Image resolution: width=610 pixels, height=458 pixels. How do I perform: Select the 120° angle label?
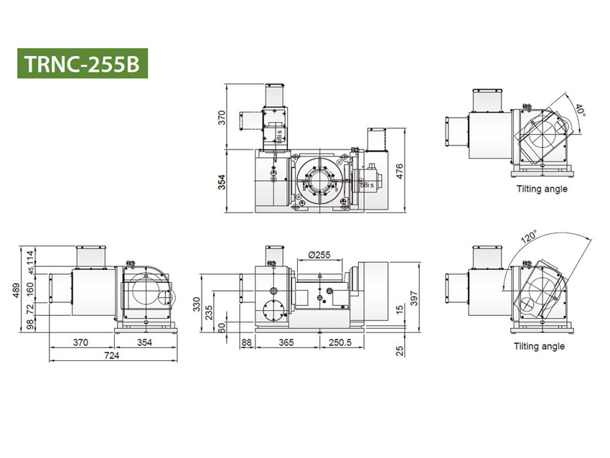coord(529,237)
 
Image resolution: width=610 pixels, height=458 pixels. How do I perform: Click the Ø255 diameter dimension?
coord(318,254)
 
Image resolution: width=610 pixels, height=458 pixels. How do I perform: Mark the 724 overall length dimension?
coord(113,355)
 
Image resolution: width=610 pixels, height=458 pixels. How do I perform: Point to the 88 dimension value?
coord(246,343)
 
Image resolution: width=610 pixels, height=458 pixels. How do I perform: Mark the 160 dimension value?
coord(31,287)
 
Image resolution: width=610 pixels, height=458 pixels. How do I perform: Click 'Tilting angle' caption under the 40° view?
coord(542,190)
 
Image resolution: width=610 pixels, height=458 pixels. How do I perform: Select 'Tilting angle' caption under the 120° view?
coord(539,346)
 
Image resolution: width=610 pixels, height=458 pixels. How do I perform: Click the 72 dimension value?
coord(31,309)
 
